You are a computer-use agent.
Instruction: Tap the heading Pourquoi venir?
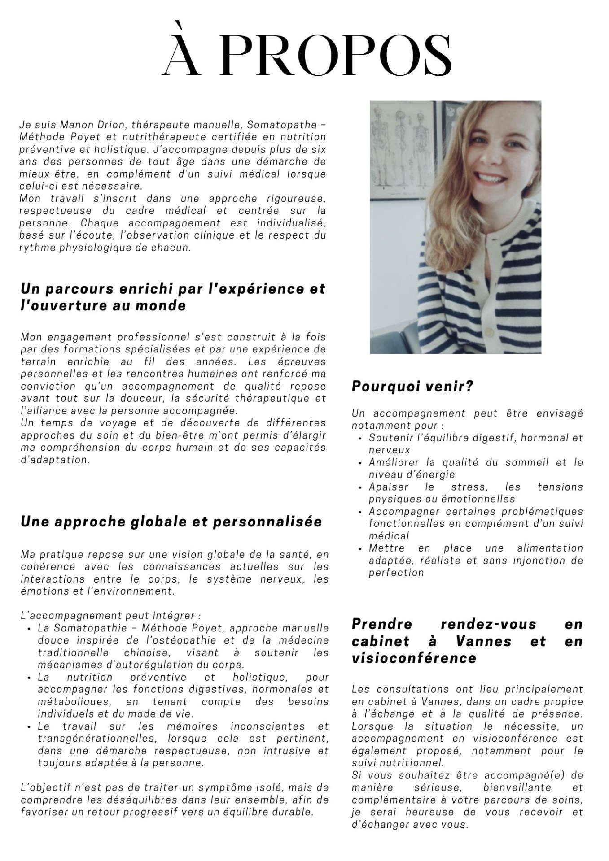(x=412, y=387)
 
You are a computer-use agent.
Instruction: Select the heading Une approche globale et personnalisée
(x=171, y=522)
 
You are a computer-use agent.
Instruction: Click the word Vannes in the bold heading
(x=483, y=642)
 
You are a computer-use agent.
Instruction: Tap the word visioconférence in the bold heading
(x=414, y=659)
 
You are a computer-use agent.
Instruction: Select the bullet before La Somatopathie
(x=29, y=629)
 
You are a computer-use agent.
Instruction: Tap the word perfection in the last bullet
(x=396, y=573)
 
